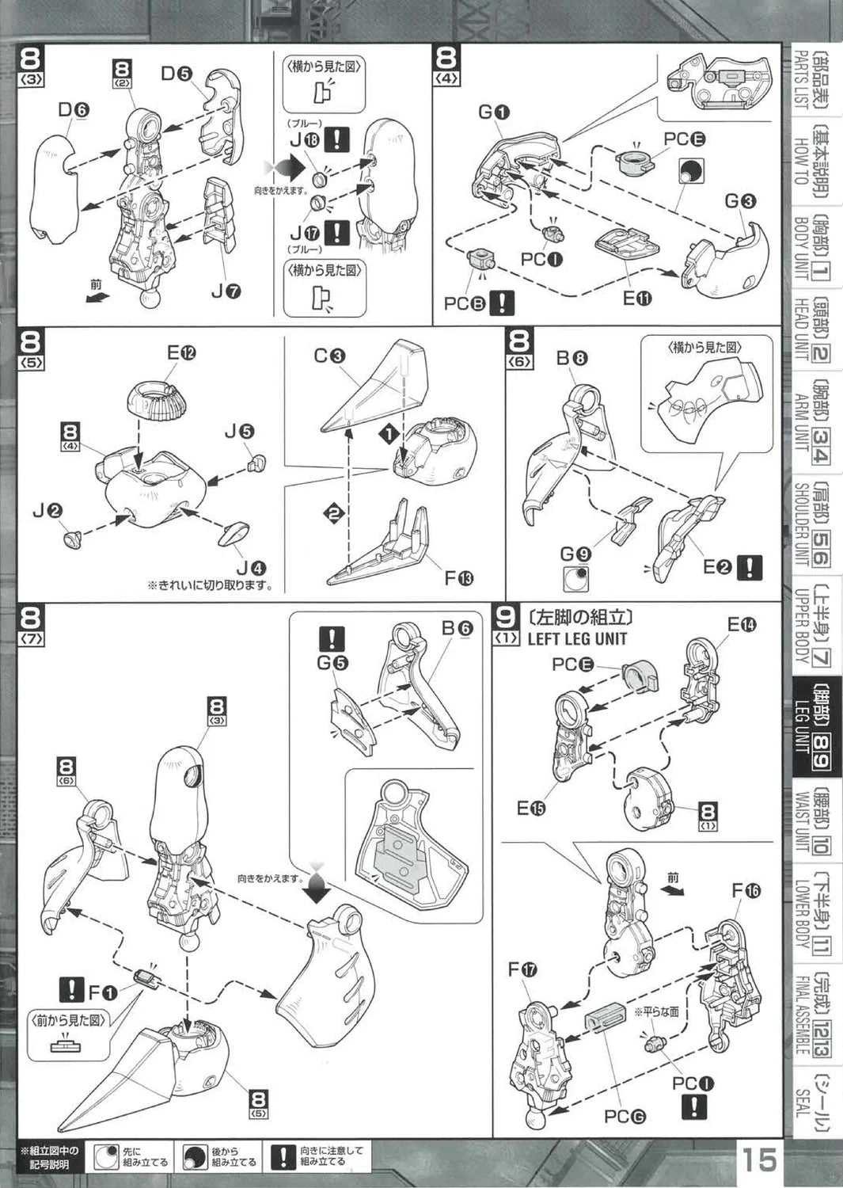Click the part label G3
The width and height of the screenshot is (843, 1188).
pos(740,201)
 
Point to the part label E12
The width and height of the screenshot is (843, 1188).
pos(180,353)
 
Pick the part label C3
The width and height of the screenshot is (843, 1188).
pos(329,356)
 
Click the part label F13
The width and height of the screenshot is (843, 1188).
pos(458,578)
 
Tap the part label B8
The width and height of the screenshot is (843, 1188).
pos(571,358)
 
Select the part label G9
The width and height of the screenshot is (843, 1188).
pos(575,554)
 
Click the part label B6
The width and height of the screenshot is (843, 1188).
pos(457,628)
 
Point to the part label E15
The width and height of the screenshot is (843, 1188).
pos(530,808)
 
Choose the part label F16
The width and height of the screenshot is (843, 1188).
pos(746,891)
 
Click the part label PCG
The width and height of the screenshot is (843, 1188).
pos(625,1117)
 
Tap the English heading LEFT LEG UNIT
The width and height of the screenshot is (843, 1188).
pos(577,638)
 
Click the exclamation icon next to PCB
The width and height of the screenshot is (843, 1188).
pos(502,303)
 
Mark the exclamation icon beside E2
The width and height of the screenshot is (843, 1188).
pos(749,567)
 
